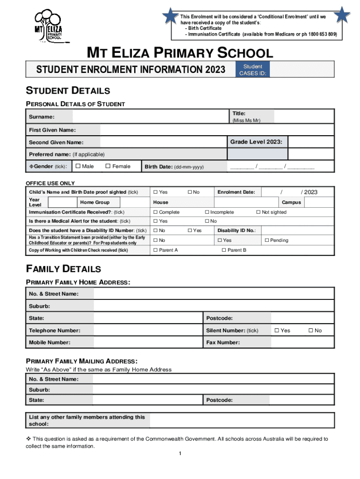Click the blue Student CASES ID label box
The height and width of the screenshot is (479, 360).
click(252, 70)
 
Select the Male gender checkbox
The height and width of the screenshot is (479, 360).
click(78, 166)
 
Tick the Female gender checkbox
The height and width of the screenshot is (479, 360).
click(108, 166)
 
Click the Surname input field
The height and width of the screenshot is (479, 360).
click(150, 116)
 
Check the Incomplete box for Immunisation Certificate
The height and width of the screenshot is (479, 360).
click(207, 212)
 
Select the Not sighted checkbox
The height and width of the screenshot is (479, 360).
click(258, 212)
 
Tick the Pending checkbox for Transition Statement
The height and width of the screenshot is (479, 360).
click(266, 240)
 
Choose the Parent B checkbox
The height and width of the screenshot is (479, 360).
click(224, 250)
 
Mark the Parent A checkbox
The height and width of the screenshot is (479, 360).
click(155, 250)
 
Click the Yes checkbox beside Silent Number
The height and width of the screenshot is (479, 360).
click(277, 331)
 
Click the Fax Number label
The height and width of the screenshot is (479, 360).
click(223, 342)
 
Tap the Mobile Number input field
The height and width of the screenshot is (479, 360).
click(148, 342)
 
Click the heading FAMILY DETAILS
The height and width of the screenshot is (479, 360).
click(63, 269)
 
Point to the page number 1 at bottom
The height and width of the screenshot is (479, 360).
click(180, 454)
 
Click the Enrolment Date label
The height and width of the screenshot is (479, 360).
click(236, 192)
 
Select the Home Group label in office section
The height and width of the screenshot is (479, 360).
click(95, 202)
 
